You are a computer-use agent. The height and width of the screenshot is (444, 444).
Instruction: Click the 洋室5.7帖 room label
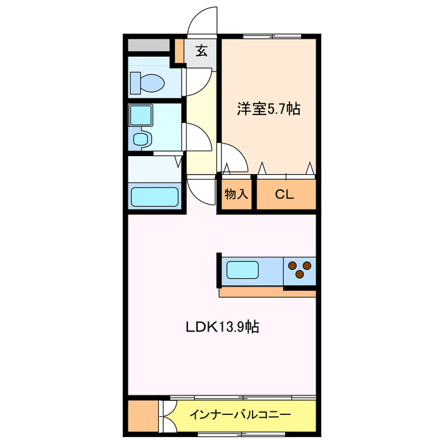coord(268,109)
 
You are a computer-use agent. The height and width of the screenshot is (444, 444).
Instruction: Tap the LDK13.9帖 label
coord(222,327)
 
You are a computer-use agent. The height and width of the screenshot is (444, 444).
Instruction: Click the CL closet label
coord(284,194)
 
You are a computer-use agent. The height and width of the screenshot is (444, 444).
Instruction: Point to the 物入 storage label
coord(236,194)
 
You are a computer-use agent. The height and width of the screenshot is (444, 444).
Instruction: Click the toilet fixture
coord(148,83)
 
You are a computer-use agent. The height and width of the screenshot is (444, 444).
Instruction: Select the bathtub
coord(155,196)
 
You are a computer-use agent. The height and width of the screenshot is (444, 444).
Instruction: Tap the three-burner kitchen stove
coord(300,269)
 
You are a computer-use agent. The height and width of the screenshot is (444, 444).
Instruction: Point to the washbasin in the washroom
coord(142,139)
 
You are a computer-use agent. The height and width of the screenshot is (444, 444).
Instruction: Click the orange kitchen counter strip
coord(267,292)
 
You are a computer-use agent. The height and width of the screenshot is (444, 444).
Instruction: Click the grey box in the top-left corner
coord(148,45)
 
